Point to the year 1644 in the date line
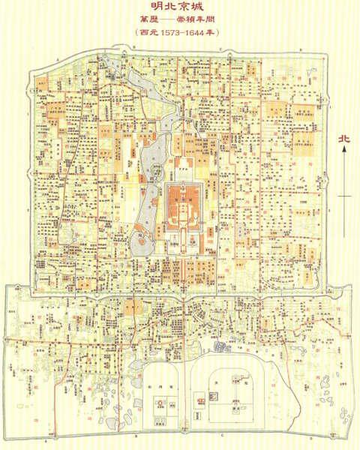pyautogui.click(x=196, y=34)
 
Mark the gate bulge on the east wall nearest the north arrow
pyautogui.click(x=333, y=172)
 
